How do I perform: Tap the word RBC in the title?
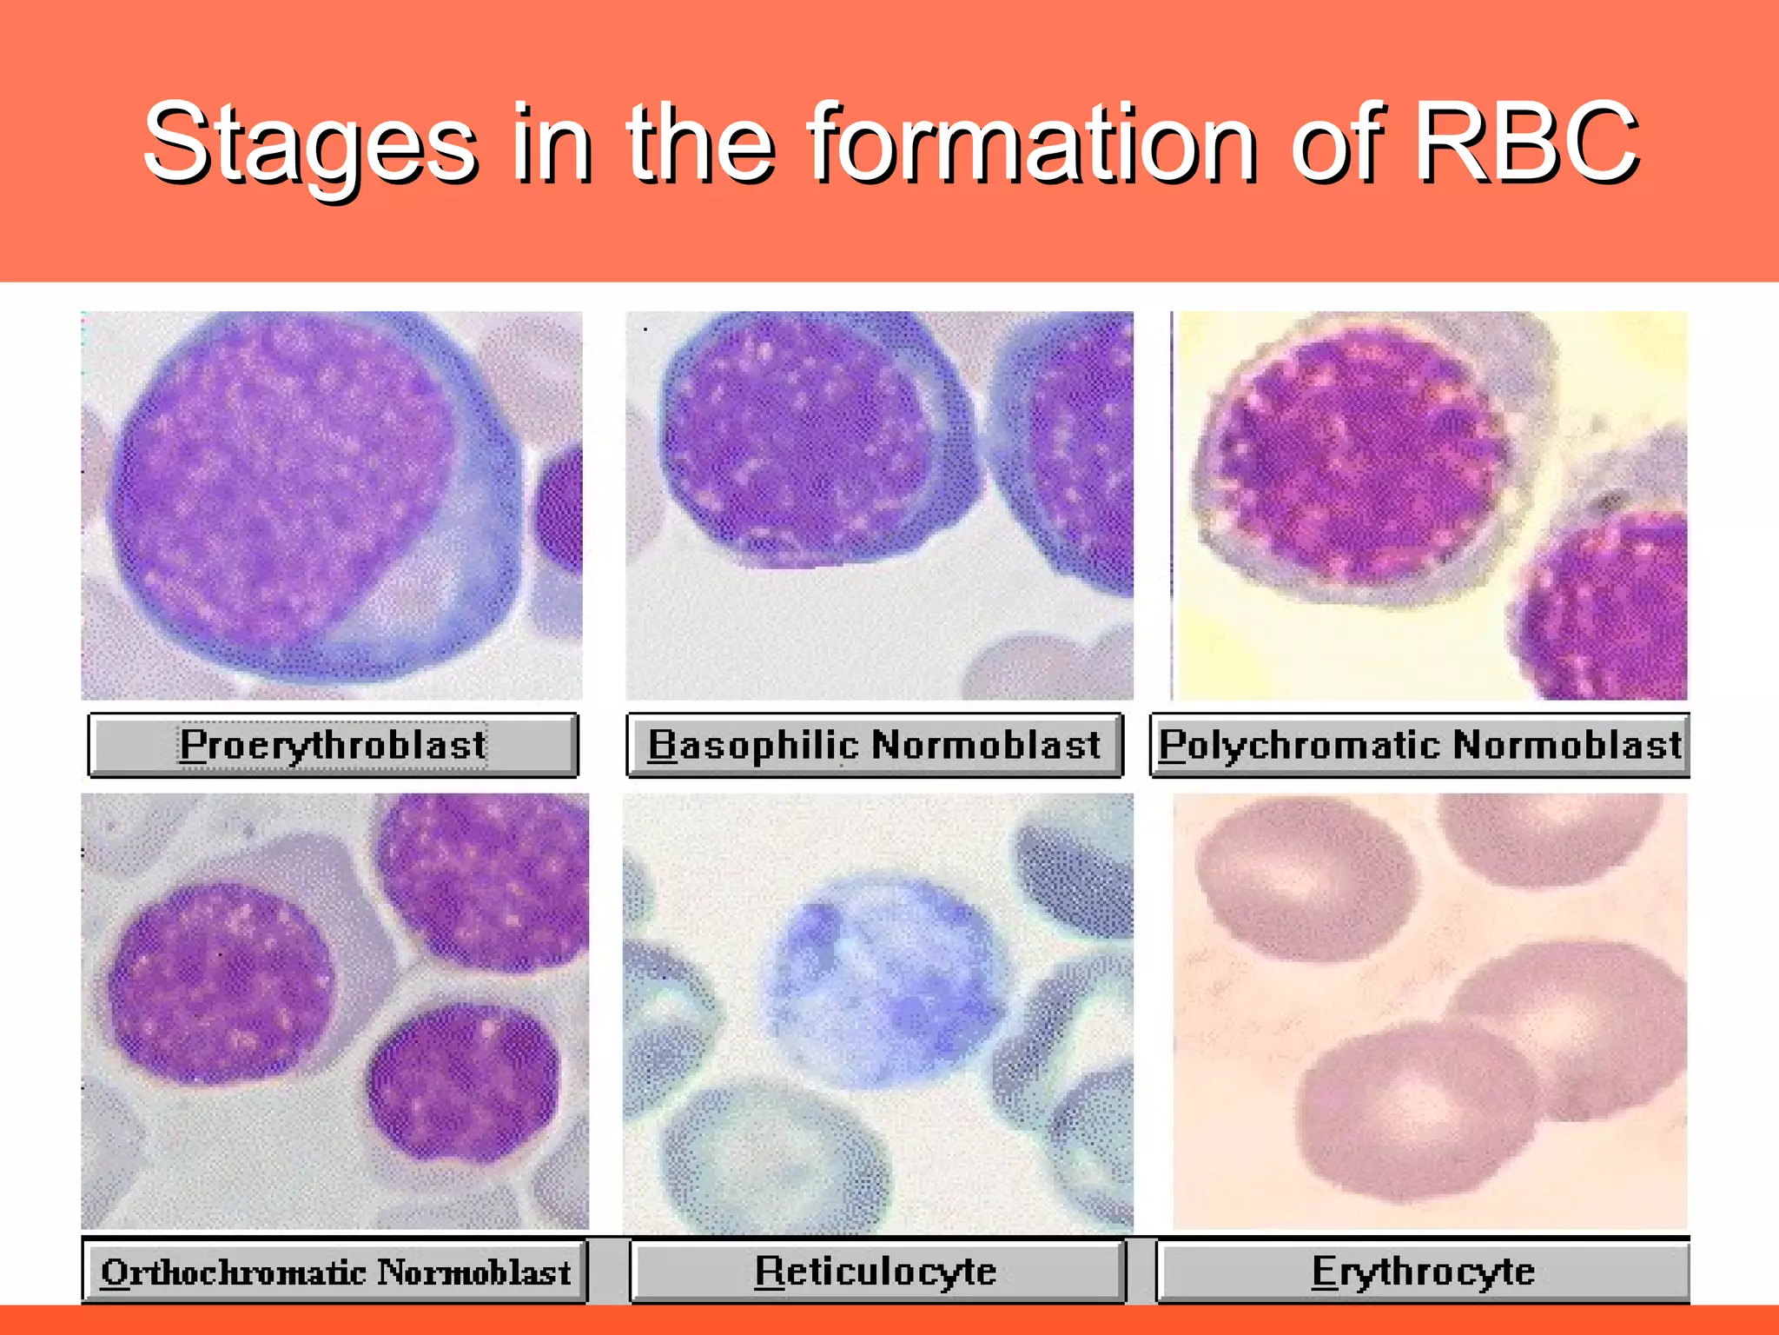(x=1526, y=143)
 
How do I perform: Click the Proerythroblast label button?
(x=333, y=745)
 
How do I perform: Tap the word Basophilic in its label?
(x=753, y=745)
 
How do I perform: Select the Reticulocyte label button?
(x=876, y=1272)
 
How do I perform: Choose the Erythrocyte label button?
(x=1423, y=1272)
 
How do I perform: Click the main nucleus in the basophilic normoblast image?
(x=795, y=439)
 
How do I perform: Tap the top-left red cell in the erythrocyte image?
(x=1303, y=878)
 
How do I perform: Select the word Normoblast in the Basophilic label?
(x=986, y=745)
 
